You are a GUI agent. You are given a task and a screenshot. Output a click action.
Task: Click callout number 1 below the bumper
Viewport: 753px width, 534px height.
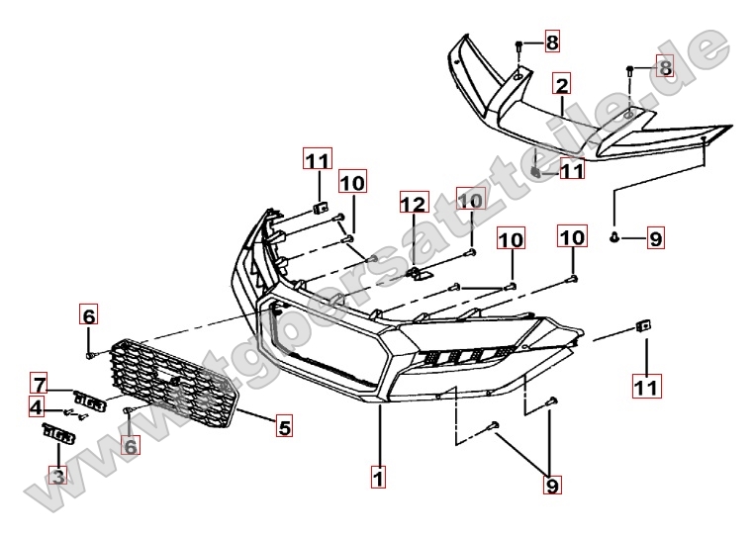pyautogui.click(x=377, y=477)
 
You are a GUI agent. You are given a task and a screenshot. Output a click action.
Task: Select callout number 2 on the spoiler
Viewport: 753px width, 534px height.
pyautogui.click(x=561, y=84)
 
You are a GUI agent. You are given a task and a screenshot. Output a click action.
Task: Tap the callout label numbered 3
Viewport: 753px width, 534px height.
pyautogui.click(x=58, y=477)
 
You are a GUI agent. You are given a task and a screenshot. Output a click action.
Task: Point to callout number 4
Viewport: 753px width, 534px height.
pyautogui.click(x=36, y=406)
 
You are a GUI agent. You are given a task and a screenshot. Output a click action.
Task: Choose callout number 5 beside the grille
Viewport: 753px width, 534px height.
pyautogui.click(x=284, y=428)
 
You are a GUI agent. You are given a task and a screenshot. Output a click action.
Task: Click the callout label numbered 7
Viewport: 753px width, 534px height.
pyautogui.click(x=39, y=384)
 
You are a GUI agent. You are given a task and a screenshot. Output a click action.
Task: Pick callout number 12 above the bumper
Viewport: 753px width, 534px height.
pyautogui.click(x=413, y=205)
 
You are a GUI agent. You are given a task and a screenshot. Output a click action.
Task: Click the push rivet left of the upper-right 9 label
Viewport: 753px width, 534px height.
pyautogui.click(x=615, y=236)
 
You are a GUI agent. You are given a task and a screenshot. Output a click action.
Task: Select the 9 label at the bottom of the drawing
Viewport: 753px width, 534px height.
pyautogui.click(x=551, y=486)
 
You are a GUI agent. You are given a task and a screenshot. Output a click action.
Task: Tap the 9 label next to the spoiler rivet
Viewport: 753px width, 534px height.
pyautogui.click(x=653, y=237)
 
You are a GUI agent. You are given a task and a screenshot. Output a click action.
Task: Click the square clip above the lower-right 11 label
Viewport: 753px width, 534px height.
pyautogui.click(x=642, y=325)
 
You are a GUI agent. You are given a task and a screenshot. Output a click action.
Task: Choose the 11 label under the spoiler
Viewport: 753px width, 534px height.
pyautogui.click(x=571, y=171)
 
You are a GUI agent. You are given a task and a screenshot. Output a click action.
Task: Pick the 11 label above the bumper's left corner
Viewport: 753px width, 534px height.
pyautogui.click(x=318, y=159)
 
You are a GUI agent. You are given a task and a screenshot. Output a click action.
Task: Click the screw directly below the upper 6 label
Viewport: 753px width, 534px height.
pyautogui.click(x=90, y=353)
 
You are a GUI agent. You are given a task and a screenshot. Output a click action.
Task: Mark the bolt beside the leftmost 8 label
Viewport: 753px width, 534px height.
pyautogui.click(x=519, y=45)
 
